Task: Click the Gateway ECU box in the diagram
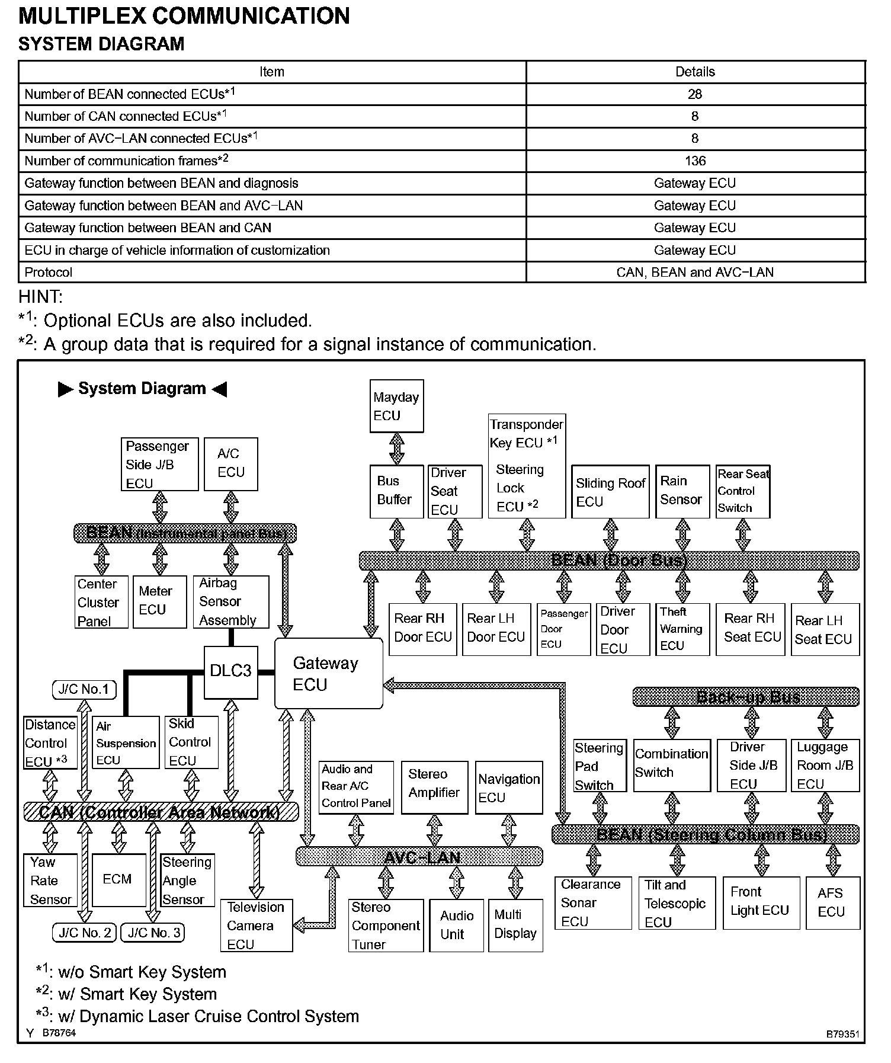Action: (328, 674)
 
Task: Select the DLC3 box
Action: (230, 671)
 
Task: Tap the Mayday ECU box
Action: (396, 406)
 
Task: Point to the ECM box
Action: (118, 880)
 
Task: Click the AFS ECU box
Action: (832, 902)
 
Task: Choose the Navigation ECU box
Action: (509, 787)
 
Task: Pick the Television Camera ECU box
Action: (257, 926)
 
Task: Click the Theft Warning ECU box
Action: (682, 629)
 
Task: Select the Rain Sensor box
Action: (682, 491)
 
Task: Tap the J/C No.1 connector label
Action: (84, 689)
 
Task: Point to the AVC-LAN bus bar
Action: (419, 857)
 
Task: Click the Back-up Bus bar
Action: (745, 697)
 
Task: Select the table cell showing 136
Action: (695, 161)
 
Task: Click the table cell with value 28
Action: (695, 94)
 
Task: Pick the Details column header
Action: (695, 72)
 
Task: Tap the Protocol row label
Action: (49, 273)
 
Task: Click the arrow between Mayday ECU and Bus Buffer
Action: (397, 449)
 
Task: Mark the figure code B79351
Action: (842, 1035)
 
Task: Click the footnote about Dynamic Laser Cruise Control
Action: (199, 1017)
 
